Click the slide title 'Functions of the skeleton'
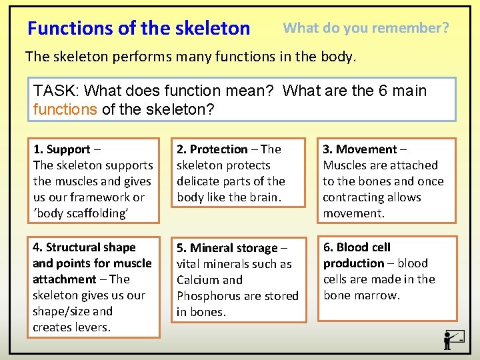click(x=139, y=29)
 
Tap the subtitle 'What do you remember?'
click(x=366, y=28)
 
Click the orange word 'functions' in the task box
click(x=65, y=109)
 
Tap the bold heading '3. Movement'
click(x=360, y=149)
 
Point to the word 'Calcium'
click(x=196, y=280)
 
